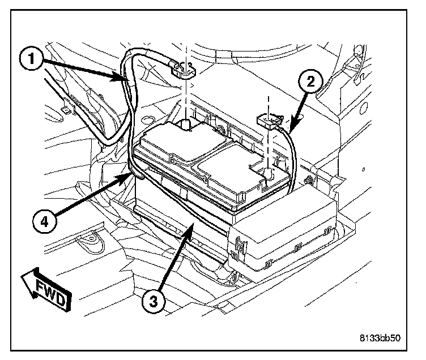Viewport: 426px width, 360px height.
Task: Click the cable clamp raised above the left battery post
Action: coord(185,71)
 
